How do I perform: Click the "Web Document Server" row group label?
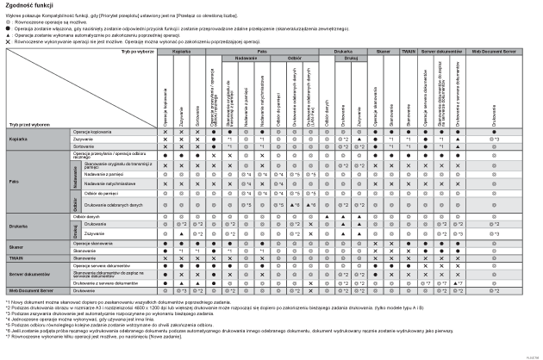pos(31,291)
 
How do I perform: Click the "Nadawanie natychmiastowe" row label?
pos(103,183)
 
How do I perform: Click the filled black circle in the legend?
pos(8,28)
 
